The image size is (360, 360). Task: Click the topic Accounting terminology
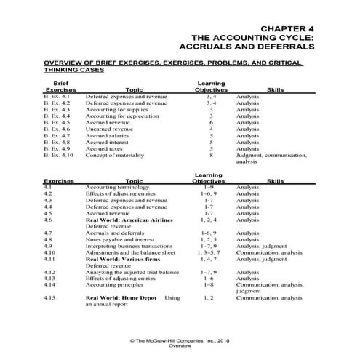[x=119, y=187]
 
